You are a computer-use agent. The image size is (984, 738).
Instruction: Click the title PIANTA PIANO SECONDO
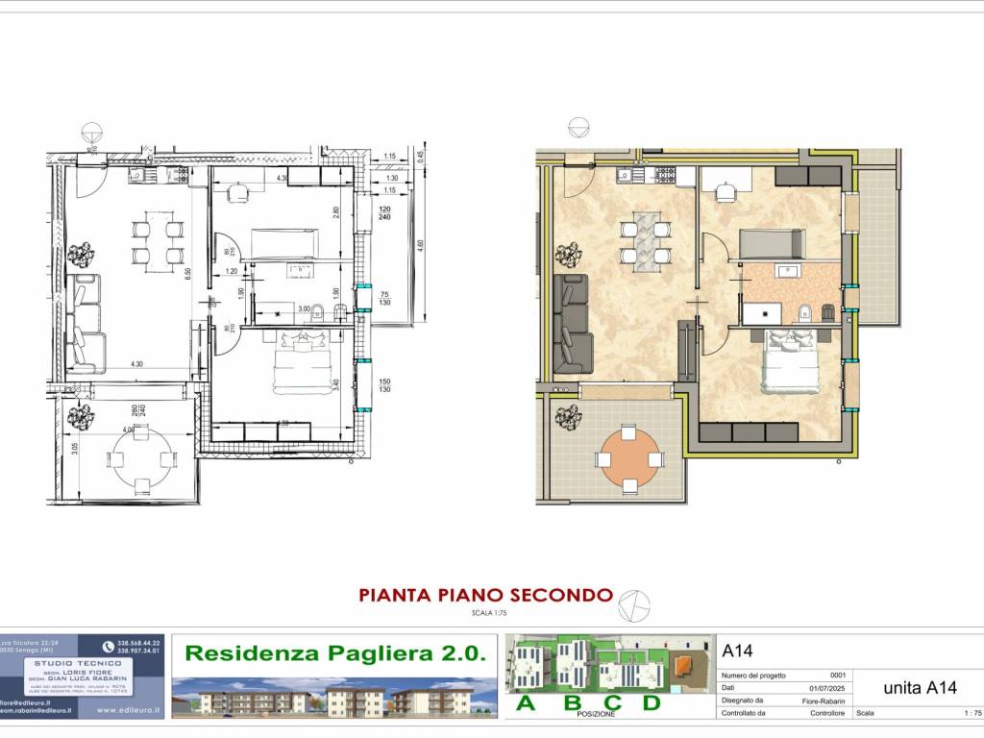click(485, 595)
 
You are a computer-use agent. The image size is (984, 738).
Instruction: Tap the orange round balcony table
click(630, 459)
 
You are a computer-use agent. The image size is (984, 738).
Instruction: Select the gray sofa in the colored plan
click(575, 324)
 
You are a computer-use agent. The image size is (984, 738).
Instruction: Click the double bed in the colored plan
click(790, 363)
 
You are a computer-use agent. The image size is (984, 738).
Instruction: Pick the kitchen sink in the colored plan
click(626, 175)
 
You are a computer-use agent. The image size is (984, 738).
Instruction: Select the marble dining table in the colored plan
click(644, 236)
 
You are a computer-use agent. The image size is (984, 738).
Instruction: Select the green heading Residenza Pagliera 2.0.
click(334, 654)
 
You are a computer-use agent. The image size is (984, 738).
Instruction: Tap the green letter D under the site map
click(651, 702)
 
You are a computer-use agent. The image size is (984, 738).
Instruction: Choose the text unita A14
click(919, 687)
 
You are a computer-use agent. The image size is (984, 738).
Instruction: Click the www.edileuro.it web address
click(129, 711)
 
